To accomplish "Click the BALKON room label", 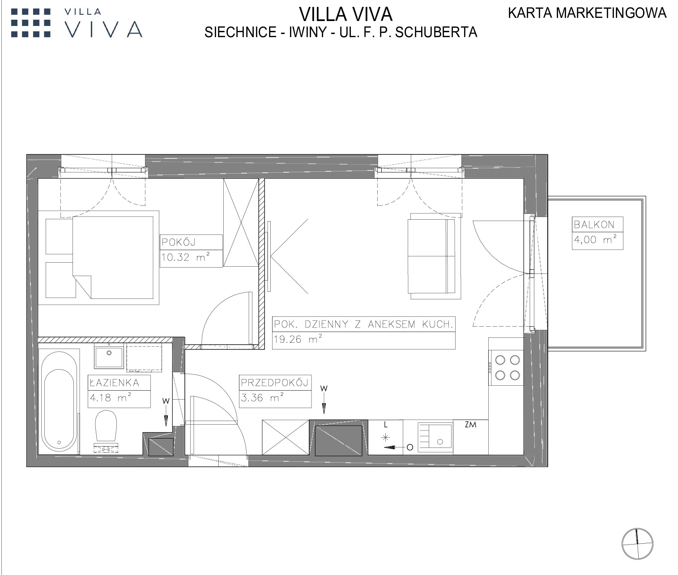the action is (x=594, y=225).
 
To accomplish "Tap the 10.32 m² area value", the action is (x=185, y=257).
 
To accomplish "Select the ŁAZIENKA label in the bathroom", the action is (x=115, y=383).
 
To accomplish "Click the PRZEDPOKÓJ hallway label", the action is (x=274, y=383).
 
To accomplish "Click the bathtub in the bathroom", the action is (x=59, y=402).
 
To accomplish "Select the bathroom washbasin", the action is (x=109, y=356).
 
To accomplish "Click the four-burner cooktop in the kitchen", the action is (x=506, y=368).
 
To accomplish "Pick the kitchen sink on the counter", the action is (x=435, y=437).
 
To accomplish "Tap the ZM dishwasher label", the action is (x=470, y=425).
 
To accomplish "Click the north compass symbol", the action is (x=637, y=544).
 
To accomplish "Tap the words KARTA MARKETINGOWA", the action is (x=587, y=13).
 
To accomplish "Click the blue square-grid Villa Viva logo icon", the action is (x=31, y=23).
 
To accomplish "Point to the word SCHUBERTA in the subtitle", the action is (x=436, y=32).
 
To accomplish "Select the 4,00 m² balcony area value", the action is (x=595, y=239).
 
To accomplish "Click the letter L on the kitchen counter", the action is (x=386, y=425).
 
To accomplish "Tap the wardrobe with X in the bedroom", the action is (x=241, y=223).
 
